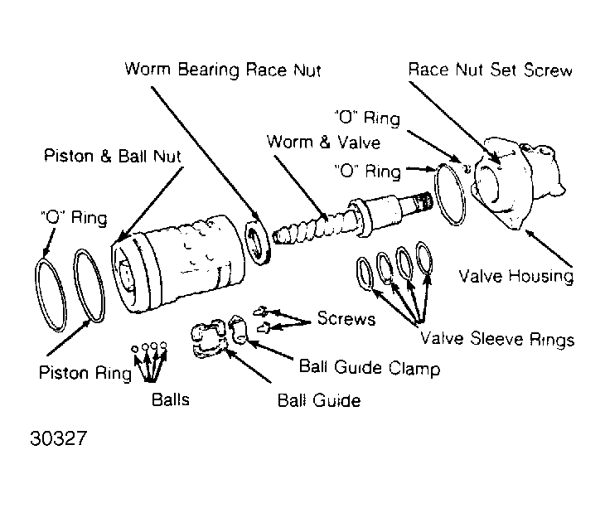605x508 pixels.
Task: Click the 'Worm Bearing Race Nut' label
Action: pos(223,70)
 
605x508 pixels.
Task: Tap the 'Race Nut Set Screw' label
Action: pos(490,70)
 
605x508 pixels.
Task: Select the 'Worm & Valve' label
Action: pos(323,142)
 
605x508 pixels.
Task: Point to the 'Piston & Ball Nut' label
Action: pos(112,156)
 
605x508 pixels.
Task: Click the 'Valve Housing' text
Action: pos(515,276)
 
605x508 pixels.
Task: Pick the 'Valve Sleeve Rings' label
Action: pos(497,339)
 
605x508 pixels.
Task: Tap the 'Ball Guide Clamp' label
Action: pos(370,367)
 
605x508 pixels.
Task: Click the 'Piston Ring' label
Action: pos(85,373)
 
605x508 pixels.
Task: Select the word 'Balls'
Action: pos(171,399)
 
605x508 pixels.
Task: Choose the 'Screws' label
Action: pos(346,318)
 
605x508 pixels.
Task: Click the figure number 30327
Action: pos(59,438)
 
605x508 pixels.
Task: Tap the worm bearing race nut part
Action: pos(258,242)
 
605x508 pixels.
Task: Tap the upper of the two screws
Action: pos(260,311)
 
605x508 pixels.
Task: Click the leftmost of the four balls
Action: pos(134,349)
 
